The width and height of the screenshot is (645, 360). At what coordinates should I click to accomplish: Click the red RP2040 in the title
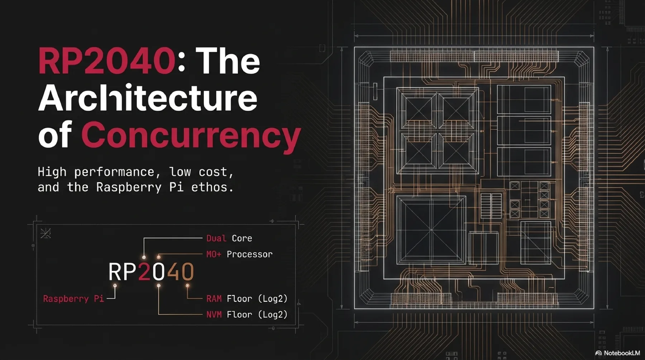tap(106, 61)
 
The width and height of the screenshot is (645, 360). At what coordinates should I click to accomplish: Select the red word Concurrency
tap(191, 135)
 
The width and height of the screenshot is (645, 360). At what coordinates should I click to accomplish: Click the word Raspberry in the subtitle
tap(129, 187)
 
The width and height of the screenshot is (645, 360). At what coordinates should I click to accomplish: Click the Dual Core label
tap(229, 238)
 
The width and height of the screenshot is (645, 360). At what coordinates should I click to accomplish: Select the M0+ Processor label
tap(239, 254)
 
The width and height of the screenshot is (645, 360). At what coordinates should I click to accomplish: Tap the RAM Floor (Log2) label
tap(247, 298)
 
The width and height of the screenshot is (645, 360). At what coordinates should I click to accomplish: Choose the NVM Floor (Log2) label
tap(247, 315)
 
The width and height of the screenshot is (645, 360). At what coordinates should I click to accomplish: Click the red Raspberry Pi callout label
tap(73, 298)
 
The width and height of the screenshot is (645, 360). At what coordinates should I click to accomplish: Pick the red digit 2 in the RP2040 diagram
tap(144, 272)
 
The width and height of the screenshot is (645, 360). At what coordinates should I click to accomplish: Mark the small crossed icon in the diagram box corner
tap(46, 233)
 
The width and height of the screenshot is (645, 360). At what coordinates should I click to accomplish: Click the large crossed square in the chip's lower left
tap(431, 230)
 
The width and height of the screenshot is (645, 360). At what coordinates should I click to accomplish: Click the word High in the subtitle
tap(52, 172)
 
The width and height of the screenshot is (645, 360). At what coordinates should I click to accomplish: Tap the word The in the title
tap(228, 61)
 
